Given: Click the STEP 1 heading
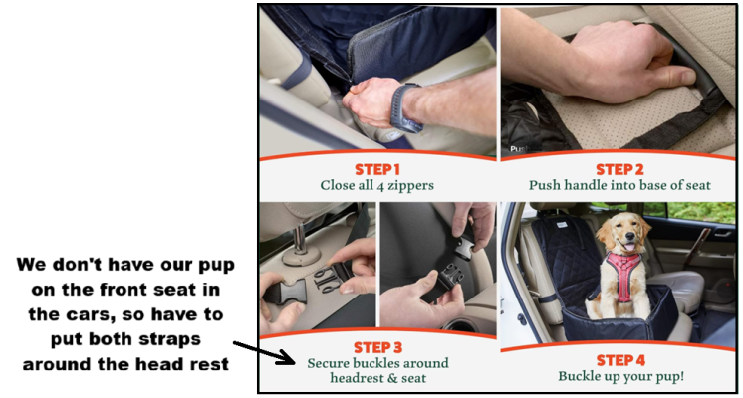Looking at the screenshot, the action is tap(377, 169).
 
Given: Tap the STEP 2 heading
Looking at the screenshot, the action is tap(619, 169).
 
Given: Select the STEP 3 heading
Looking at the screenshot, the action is tap(377, 348).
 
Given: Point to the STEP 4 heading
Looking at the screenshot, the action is tap(620, 360).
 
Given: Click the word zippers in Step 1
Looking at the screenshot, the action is tap(410, 185).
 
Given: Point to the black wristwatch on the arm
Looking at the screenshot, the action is tap(405, 107).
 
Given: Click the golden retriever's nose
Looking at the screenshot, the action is tap(629, 235).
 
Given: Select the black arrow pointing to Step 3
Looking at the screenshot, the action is tap(264, 352).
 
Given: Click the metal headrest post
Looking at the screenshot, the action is tap(299, 239).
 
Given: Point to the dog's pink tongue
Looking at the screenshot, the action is tap(628, 247).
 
